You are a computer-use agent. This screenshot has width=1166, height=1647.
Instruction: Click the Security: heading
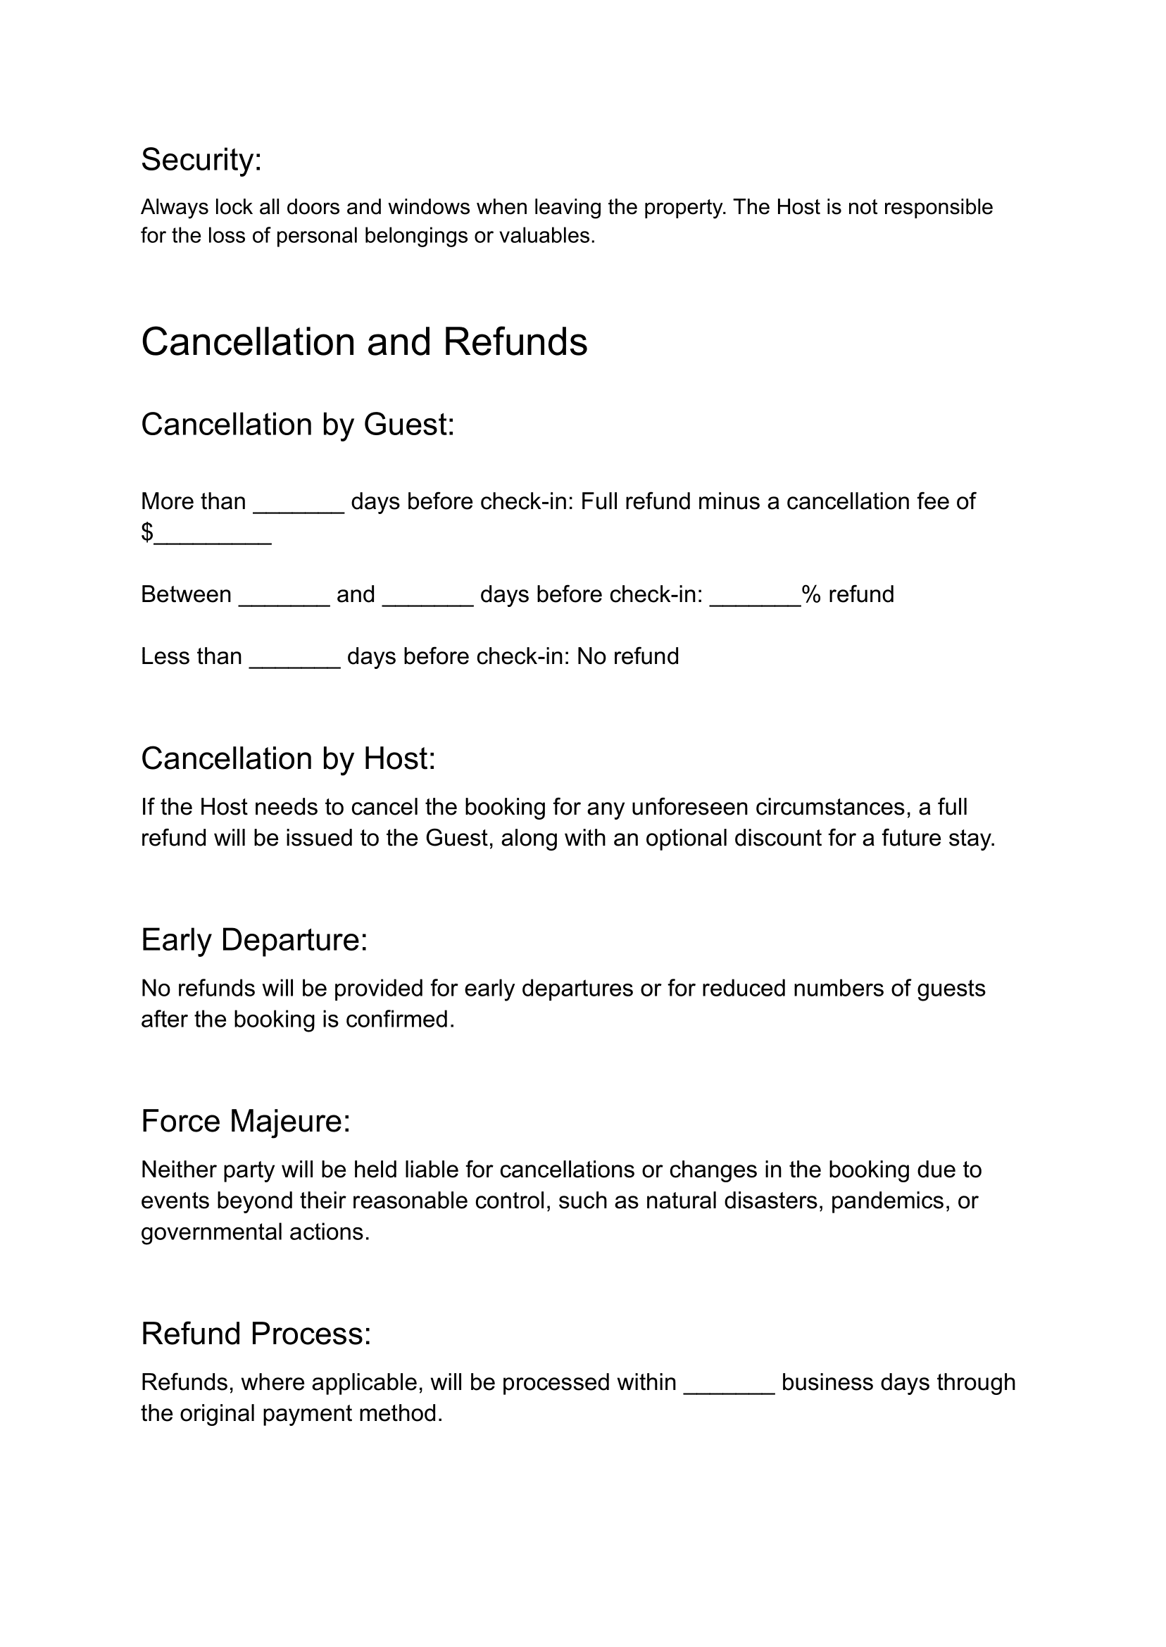[x=201, y=159]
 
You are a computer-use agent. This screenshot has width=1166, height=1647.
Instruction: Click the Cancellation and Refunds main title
[x=364, y=342]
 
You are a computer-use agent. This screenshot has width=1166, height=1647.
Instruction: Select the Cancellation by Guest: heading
[x=297, y=425]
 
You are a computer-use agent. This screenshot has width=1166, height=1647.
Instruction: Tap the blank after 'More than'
[x=299, y=503]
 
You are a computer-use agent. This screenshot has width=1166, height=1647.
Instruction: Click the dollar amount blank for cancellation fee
[x=213, y=534]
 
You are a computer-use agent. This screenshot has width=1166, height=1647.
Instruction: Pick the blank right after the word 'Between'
[x=284, y=596]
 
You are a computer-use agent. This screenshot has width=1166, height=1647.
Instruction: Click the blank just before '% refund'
[x=755, y=596]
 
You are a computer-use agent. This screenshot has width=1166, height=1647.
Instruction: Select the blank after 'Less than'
[x=294, y=658]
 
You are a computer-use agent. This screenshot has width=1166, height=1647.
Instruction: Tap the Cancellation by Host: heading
[x=288, y=759]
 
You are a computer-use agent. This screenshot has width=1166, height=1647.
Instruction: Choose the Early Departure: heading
[x=254, y=940]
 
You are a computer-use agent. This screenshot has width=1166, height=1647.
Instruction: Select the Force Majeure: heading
[x=246, y=1121]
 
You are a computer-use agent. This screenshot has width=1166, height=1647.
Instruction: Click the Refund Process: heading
[x=256, y=1333]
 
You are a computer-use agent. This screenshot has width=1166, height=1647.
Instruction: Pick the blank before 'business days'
[x=729, y=1384]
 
